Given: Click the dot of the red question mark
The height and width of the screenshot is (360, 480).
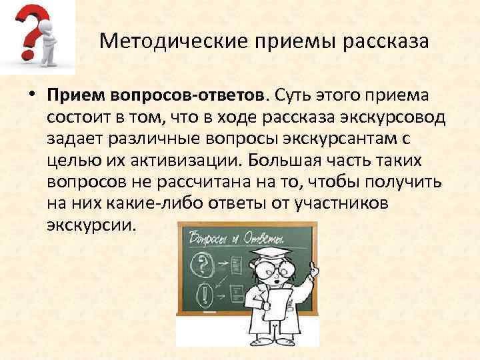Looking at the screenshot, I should point(26,53).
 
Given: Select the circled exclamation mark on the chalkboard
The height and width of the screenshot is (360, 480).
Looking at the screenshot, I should point(201,291).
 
